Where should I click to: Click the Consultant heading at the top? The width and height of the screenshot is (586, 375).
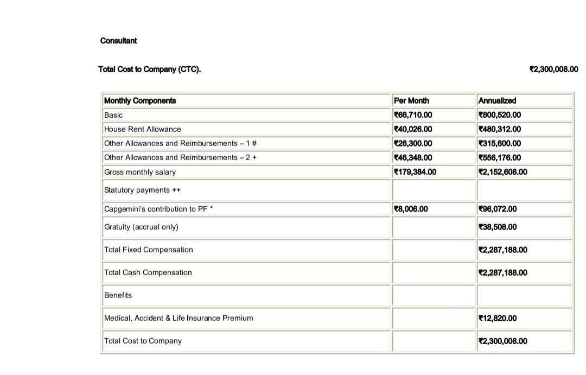click(118, 41)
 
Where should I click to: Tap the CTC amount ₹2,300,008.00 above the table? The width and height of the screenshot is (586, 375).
click(553, 69)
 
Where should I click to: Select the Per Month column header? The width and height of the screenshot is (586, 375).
click(411, 101)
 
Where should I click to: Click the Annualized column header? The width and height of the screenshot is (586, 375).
click(497, 101)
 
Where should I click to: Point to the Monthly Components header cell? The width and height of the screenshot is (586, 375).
click(140, 101)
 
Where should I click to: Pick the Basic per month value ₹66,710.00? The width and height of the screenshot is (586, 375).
click(413, 115)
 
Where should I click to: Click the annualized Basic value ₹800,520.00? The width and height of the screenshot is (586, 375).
click(499, 115)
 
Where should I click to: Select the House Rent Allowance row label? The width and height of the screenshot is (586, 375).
click(143, 129)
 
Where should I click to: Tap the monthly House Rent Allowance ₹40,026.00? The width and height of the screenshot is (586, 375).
click(413, 129)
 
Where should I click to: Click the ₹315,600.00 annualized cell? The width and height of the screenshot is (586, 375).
click(499, 143)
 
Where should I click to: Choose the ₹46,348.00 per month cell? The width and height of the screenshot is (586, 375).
click(413, 157)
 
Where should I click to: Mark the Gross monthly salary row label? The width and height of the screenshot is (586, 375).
click(140, 172)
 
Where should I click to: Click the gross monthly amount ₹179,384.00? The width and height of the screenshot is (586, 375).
click(415, 172)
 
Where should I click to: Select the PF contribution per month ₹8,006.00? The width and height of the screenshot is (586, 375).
click(411, 209)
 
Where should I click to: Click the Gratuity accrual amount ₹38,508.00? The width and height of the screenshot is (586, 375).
click(497, 227)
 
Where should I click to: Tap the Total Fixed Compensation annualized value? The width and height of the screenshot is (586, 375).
click(502, 250)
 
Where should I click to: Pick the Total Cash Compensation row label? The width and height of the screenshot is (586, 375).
click(148, 272)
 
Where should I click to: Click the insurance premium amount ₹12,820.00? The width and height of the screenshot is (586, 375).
click(497, 318)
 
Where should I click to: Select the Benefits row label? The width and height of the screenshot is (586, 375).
click(118, 295)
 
